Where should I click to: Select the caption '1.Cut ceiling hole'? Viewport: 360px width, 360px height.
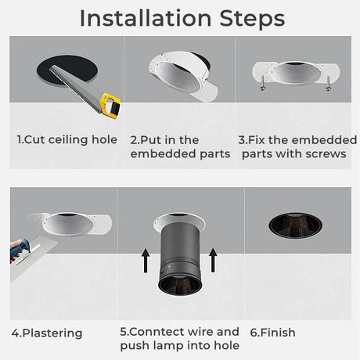pos(67,140)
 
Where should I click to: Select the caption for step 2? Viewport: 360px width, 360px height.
pos(180,147)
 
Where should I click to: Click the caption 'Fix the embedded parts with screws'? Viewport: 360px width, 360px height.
pos(293,147)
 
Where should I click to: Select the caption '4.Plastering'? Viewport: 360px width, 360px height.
pos(47,333)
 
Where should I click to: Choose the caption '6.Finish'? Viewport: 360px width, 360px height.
pos(273,333)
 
